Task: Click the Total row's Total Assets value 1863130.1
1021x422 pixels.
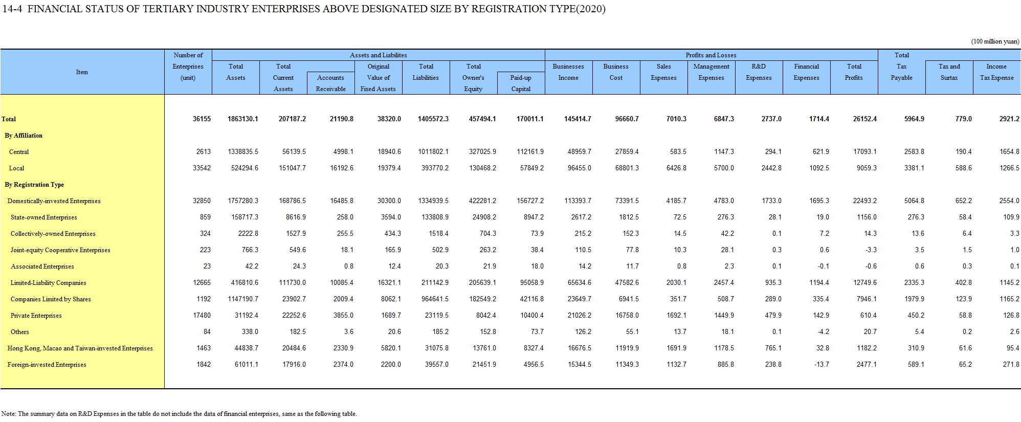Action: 242,119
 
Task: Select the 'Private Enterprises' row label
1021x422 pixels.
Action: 36,316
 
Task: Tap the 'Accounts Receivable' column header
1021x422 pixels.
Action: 330,83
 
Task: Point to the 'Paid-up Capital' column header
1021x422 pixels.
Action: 521,83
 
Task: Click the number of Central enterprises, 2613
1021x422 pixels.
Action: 203,152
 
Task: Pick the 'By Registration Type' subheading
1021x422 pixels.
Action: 34,185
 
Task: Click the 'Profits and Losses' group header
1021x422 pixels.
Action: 711,55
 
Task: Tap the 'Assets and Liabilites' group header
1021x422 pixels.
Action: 379,55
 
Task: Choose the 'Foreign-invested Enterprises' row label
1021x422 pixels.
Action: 47,365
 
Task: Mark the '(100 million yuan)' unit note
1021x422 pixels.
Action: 995,41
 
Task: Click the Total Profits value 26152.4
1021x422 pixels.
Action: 864,119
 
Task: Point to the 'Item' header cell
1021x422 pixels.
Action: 82,72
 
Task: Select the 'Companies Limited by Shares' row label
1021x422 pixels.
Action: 51,299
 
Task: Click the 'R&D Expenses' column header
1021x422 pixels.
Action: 759,72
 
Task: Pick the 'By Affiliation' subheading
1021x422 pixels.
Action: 24,136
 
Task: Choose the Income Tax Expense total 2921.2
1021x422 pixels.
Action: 1009,119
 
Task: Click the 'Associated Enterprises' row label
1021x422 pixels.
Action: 42,266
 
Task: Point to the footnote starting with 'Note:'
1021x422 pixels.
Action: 179,414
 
